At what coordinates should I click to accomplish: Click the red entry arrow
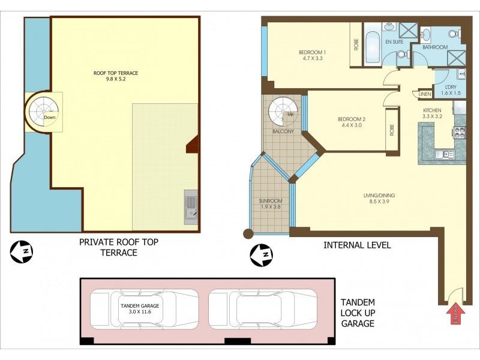(x=455, y=313)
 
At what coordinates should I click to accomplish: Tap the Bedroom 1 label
(x=311, y=55)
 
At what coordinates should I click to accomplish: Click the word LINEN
(x=424, y=94)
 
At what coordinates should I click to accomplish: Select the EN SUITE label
(x=394, y=42)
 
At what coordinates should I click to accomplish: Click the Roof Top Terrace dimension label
(x=116, y=76)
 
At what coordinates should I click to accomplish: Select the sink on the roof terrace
(x=191, y=206)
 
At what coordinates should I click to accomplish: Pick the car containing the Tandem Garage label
(x=143, y=309)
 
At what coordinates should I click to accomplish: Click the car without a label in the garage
(x=263, y=309)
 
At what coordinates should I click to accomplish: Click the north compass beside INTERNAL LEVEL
(x=261, y=256)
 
